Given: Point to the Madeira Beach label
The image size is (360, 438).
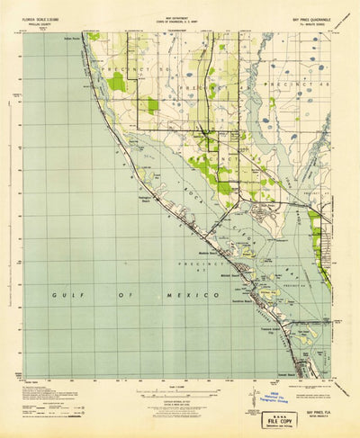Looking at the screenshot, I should (208, 251).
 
